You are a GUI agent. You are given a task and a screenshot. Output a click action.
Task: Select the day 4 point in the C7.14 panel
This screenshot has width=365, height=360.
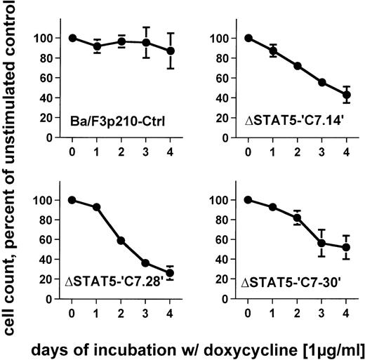tap(345, 95)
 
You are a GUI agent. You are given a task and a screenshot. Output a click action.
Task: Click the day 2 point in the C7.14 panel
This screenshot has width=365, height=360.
tap(296, 65)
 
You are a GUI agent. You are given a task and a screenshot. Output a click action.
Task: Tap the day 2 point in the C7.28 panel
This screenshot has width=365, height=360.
tap(121, 241)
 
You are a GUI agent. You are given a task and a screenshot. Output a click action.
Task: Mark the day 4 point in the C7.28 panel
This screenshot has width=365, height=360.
tap(170, 273)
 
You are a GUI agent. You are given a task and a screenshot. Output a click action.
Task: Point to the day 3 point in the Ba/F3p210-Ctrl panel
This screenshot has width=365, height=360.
tap(145, 42)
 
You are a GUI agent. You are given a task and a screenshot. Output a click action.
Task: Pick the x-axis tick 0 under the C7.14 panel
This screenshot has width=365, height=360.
tap(248, 150)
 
